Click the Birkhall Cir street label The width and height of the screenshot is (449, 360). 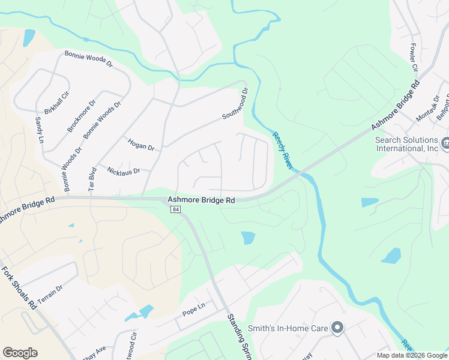tap(57, 104)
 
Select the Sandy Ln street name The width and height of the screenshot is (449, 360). tap(40, 130)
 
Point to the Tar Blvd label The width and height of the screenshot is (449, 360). tap(92, 179)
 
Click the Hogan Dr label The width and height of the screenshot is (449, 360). tap(141, 144)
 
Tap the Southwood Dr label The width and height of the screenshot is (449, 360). tap(235, 104)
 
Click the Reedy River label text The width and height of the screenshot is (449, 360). tap(282, 151)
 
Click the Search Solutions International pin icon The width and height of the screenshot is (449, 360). tap(445, 143)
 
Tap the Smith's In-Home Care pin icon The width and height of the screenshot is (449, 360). tap(337, 328)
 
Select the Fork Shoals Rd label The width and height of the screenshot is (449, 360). tap(19, 287)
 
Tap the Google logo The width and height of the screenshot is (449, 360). tap(20, 353)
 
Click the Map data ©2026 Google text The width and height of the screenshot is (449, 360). tap(411, 355)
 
